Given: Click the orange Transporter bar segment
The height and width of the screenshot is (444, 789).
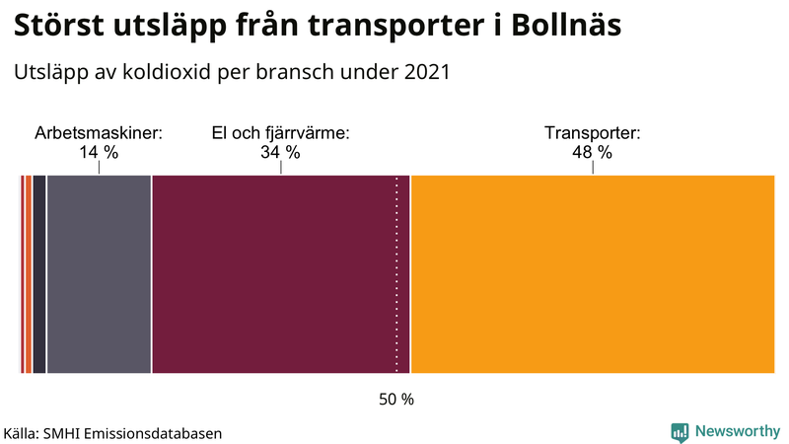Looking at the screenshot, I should click(x=592, y=274).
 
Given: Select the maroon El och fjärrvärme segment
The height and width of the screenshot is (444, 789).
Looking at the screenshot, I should click(x=280, y=274).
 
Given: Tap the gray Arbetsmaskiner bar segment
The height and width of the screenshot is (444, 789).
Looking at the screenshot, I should click(x=99, y=274).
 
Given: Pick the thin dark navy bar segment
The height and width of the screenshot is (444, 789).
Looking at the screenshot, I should click(x=39, y=274).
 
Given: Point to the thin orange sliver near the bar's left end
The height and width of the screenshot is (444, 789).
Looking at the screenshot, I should click(x=28, y=274).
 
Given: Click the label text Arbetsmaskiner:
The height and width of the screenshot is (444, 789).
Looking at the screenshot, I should click(x=99, y=132).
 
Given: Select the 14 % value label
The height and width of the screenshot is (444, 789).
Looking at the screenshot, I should click(x=99, y=152).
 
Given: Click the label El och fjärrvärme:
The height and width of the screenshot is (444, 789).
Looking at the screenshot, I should click(x=281, y=132).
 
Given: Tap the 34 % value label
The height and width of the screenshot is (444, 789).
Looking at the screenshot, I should click(x=281, y=152).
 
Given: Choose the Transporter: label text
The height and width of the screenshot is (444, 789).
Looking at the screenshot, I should click(x=593, y=132).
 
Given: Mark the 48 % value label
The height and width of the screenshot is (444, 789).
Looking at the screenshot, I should click(x=593, y=152).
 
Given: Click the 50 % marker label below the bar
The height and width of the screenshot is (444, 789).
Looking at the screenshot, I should click(x=396, y=400).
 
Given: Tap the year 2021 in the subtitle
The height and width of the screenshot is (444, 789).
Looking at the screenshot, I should click(x=427, y=72).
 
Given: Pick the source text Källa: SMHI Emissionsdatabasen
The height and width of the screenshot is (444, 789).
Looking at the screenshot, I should click(x=112, y=433).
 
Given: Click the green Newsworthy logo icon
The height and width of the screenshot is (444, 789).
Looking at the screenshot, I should click(x=680, y=431).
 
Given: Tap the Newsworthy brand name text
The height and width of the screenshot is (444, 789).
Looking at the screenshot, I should click(x=737, y=431).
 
